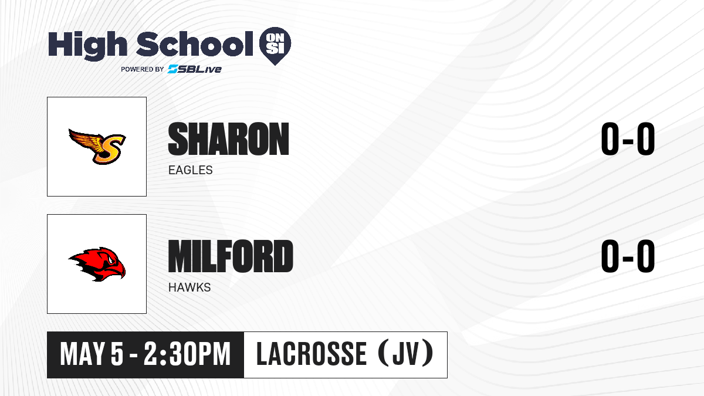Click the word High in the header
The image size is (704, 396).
pyautogui.click(x=87, y=45)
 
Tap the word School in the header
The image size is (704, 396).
pyautogui.click(x=195, y=43)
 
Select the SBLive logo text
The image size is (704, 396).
pyautogui.click(x=194, y=69)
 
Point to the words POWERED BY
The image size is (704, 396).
pyautogui.click(x=143, y=69)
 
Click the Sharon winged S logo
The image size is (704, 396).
pyautogui.click(x=97, y=147)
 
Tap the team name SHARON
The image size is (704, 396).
pyautogui.click(x=228, y=139)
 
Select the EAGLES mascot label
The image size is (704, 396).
pyautogui.click(x=191, y=170)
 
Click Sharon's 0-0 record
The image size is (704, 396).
pyautogui.click(x=628, y=138)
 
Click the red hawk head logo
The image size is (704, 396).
pyautogui.click(x=97, y=264)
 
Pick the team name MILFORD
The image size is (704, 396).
pyautogui.click(x=231, y=256)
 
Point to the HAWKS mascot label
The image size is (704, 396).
pyautogui.click(x=189, y=287)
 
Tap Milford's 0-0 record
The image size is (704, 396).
pyautogui.click(x=628, y=256)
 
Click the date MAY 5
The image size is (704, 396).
pyautogui.click(x=92, y=354)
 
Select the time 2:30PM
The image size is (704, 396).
pyautogui.click(x=187, y=354)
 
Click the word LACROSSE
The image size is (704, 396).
pyautogui.click(x=312, y=354)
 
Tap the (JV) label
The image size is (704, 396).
pyautogui.click(x=406, y=354)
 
